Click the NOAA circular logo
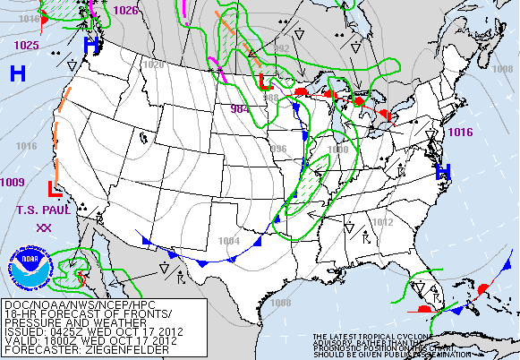click(26, 269)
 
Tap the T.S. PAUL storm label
click(42, 210)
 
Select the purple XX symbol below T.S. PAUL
click(42, 228)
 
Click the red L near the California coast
click(54, 189)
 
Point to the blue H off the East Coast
click(442, 172)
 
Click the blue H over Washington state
click(91, 44)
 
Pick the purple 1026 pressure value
click(126, 11)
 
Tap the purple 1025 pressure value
click(26, 45)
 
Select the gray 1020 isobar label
click(154, 65)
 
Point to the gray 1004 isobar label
click(229, 240)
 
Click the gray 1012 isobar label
click(382, 222)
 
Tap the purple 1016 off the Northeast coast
click(460, 132)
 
